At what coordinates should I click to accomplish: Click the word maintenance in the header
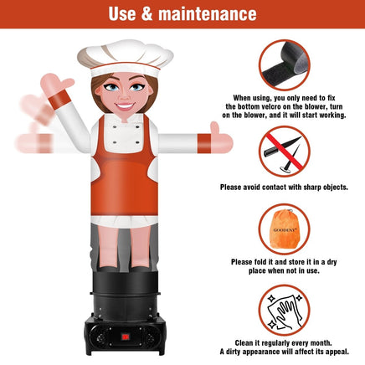point(208,14)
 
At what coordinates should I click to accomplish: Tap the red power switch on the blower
point(126,337)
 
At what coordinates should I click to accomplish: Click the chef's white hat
point(126,58)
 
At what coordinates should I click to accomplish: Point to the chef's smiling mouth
point(125,106)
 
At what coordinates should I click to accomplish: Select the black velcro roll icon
point(284,65)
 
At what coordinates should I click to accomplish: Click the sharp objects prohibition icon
point(284,152)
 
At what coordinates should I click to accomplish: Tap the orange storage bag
point(285,229)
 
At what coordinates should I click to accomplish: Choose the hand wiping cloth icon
point(284,310)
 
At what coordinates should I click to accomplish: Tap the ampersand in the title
point(147,14)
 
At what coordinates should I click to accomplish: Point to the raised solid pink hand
point(56,81)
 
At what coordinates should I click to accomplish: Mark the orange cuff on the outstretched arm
point(204,143)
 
